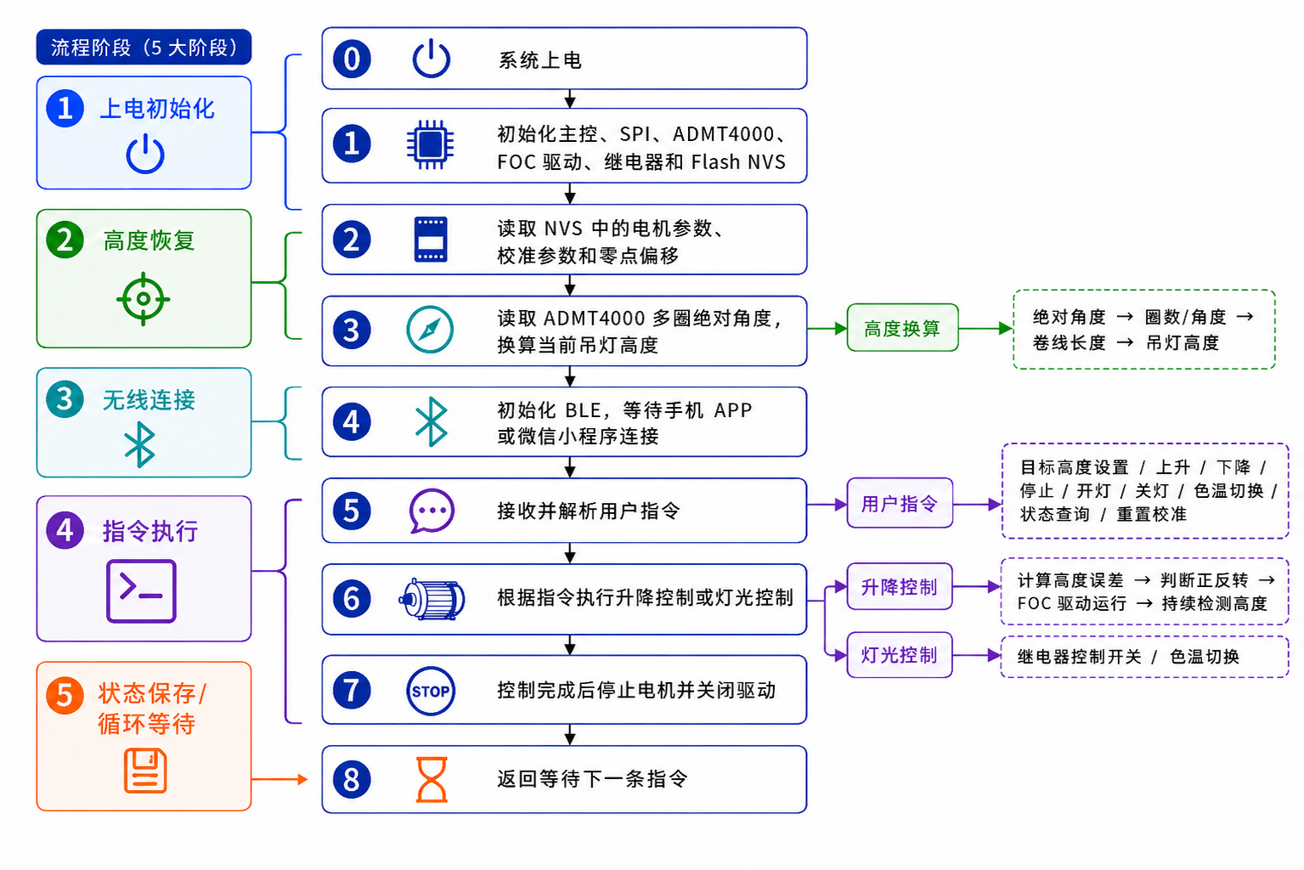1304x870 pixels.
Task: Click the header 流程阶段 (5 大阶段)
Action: click(x=144, y=48)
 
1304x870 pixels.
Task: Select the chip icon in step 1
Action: click(x=430, y=144)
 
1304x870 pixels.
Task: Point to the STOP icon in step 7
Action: click(x=431, y=691)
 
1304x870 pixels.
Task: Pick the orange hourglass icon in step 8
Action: click(x=432, y=780)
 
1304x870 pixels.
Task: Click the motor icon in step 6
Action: click(x=432, y=598)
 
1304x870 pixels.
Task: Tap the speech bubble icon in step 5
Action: click(x=432, y=510)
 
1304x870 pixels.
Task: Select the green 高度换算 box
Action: click(x=902, y=329)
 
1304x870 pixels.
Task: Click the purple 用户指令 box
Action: click(x=900, y=503)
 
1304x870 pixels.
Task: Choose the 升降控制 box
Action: click(x=900, y=586)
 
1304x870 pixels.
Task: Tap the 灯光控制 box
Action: click(x=900, y=655)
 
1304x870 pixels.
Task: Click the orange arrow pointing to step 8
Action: click(x=279, y=779)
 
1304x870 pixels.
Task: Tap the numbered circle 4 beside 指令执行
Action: click(x=65, y=530)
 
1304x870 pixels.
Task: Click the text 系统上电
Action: click(x=539, y=60)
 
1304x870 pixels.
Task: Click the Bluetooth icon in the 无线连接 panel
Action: click(x=139, y=445)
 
